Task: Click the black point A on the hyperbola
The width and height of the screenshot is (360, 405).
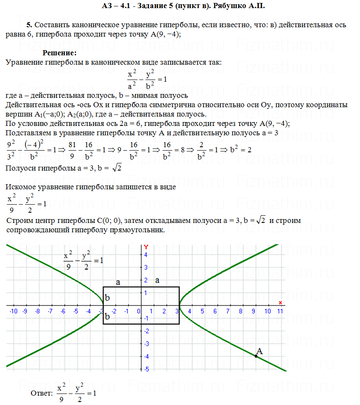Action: (256, 356)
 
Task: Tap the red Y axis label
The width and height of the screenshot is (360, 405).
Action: (146, 247)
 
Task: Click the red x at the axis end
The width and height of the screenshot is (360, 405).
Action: (280, 302)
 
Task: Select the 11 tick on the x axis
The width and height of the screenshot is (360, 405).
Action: (280, 311)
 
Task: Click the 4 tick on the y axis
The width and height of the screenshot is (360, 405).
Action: (146, 255)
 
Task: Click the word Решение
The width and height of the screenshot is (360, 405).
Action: (59, 53)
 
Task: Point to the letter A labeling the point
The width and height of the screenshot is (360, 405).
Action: (259, 351)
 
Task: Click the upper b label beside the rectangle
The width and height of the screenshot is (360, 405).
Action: (108, 297)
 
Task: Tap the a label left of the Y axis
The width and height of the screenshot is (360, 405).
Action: (118, 282)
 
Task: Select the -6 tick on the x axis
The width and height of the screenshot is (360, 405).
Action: (63, 311)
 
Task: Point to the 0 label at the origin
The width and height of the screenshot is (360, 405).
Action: (139, 311)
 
